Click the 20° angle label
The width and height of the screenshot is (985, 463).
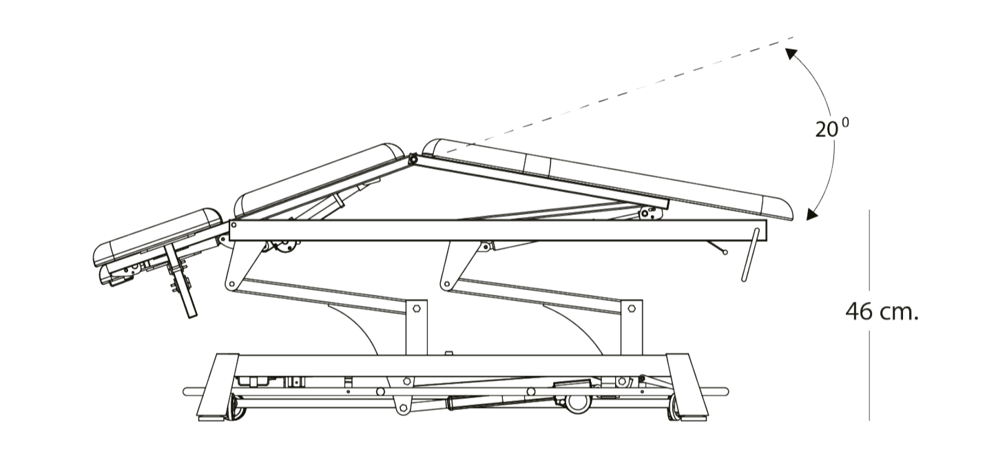832,128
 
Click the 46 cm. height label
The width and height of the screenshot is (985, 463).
882,312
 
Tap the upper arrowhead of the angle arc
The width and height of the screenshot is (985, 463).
791,54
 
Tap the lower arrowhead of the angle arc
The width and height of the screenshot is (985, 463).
812,214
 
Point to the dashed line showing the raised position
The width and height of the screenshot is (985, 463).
616,95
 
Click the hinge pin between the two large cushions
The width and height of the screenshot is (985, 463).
413,160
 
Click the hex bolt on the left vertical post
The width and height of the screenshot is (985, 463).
417,309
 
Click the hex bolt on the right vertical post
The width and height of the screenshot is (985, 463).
632,308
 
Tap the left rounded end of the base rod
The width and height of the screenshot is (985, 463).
187,391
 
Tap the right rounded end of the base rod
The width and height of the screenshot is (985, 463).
725,391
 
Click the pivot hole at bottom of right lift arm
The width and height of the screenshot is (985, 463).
447,284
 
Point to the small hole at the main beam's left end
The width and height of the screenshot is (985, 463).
234,225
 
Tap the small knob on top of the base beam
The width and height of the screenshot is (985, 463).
448,353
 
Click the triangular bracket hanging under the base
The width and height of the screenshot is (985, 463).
402,402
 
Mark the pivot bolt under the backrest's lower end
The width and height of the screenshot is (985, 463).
645,214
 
